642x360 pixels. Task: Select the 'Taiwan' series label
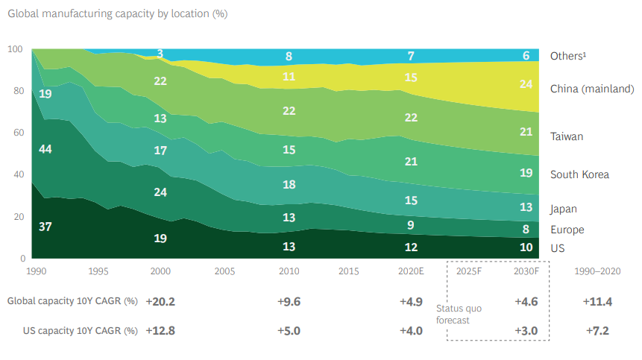point(567,136)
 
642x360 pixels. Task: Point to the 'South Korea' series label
point(579,174)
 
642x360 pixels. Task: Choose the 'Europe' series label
point(567,230)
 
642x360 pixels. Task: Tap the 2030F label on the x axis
point(526,272)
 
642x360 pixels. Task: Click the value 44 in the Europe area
point(45,149)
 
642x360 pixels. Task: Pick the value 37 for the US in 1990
point(45,226)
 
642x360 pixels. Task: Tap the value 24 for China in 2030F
point(526,84)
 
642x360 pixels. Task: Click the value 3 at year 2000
point(160,54)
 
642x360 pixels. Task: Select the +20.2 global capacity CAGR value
point(160,302)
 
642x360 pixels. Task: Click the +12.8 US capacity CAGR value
point(160,330)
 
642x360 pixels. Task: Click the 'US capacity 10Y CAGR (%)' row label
point(72,330)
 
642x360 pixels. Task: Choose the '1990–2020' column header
point(594,272)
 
